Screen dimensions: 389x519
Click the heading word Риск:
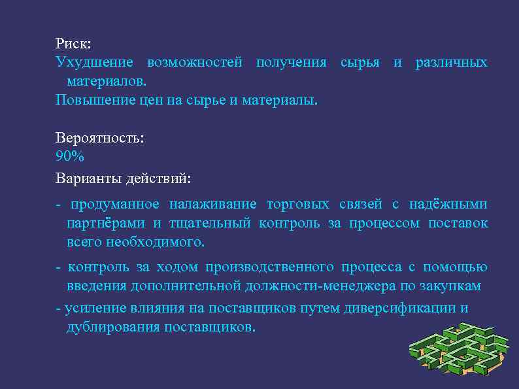73,44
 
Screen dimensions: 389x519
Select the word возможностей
195,63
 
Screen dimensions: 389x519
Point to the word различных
451,63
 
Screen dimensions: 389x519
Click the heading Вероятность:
99,139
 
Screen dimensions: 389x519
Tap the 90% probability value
70,157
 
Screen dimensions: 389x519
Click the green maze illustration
458,354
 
